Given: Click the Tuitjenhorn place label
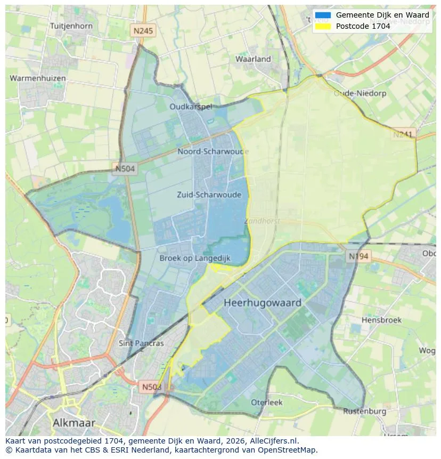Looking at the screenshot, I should point(71,26).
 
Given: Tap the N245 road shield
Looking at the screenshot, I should point(143,31).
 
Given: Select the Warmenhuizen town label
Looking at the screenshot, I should point(38,78).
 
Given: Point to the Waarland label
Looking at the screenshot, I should point(253,59).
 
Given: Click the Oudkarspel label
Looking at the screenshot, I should point(191,107).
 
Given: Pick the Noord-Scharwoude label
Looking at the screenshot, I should point(213,151).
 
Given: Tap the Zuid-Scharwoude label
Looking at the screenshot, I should point(209,195).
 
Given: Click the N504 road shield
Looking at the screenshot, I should point(125,169).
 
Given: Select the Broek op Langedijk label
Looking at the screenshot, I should point(195,258).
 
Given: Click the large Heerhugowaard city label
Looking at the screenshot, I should point(263,303).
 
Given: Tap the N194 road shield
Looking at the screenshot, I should point(358,256).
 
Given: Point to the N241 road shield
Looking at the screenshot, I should point(403,134).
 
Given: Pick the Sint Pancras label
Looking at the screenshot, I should point(141,343).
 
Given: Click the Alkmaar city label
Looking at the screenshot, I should point(74,423).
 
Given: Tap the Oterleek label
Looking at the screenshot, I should point(267,402).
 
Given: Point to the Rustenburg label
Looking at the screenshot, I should point(364,412).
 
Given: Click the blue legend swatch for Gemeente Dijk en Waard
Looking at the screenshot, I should point(323,15).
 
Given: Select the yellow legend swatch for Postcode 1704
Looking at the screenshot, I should point(323,26).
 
